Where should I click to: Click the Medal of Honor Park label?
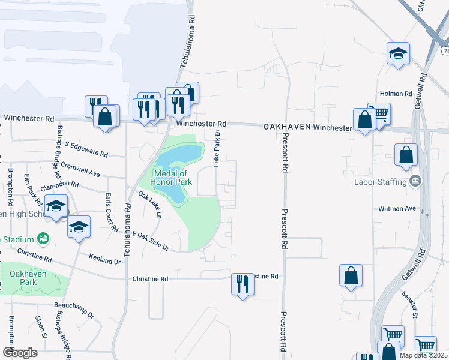tap(173, 177)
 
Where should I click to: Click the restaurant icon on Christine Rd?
tap(243, 284)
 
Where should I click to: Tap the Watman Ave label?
tap(397, 209)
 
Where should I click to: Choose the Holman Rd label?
tap(396, 94)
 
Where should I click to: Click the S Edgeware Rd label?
tap(86, 149)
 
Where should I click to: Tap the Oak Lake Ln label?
tap(150, 204)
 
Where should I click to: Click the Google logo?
tap(20, 352)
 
